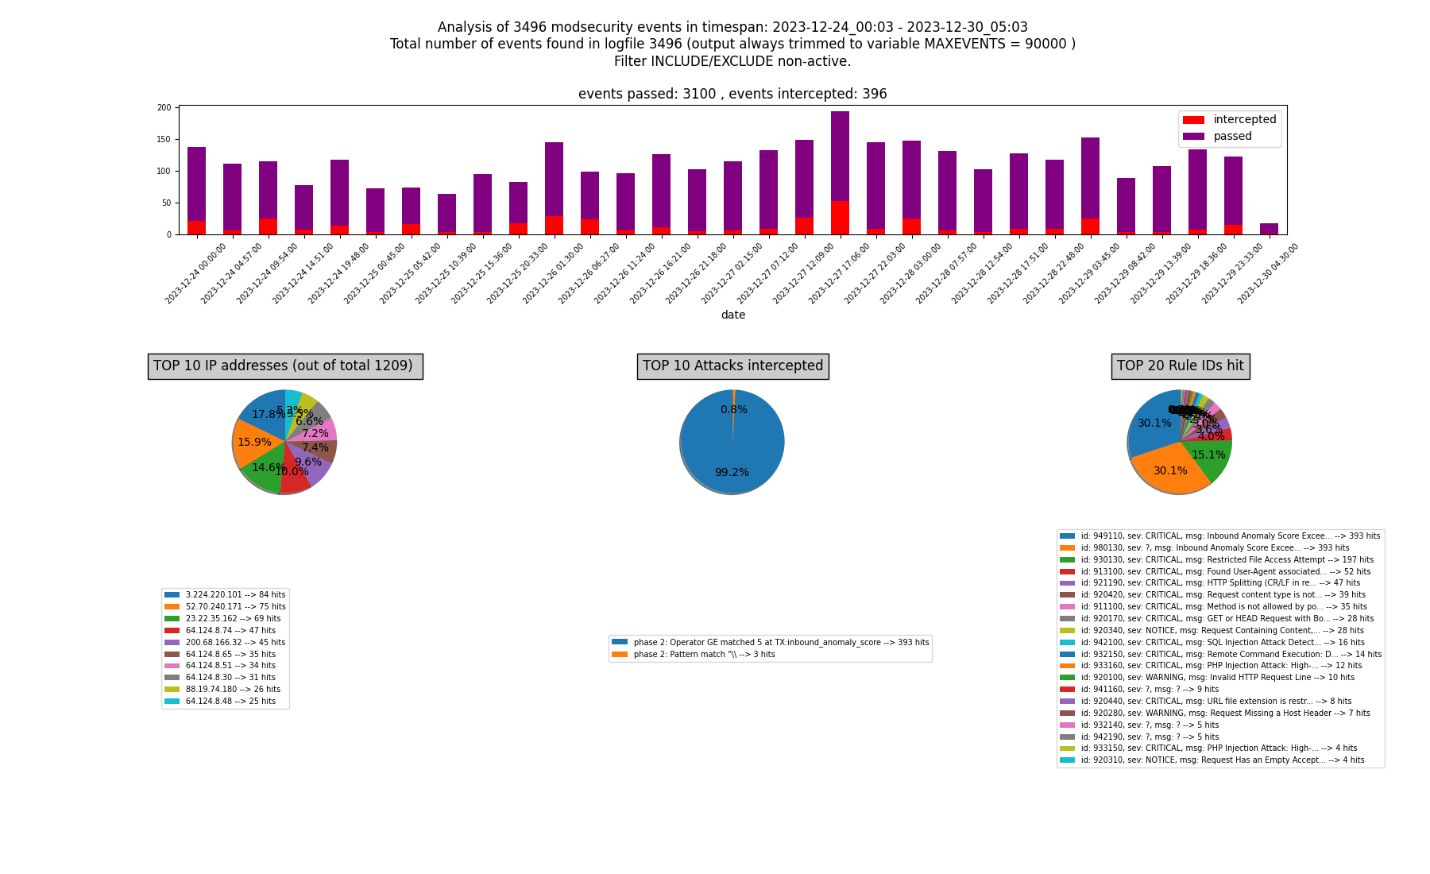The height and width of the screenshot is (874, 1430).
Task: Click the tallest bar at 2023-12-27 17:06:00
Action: [840, 159]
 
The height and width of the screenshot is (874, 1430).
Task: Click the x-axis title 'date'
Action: [732, 315]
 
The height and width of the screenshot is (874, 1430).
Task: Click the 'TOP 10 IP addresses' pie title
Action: [284, 366]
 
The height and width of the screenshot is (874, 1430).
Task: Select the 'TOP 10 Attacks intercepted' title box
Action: [732, 366]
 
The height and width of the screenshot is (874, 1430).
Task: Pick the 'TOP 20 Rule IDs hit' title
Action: [1180, 366]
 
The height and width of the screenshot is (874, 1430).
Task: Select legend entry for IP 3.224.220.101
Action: [225, 595]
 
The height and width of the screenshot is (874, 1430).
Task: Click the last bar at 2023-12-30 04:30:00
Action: [1269, 229]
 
